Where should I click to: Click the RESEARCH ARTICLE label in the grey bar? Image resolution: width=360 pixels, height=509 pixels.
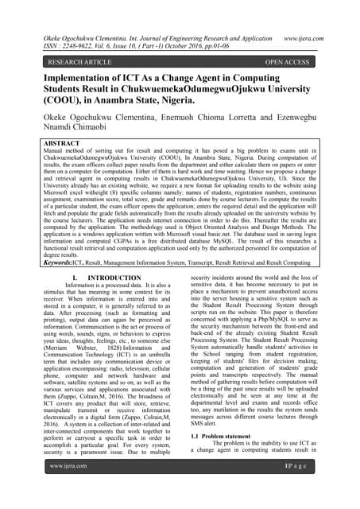(79, 60)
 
